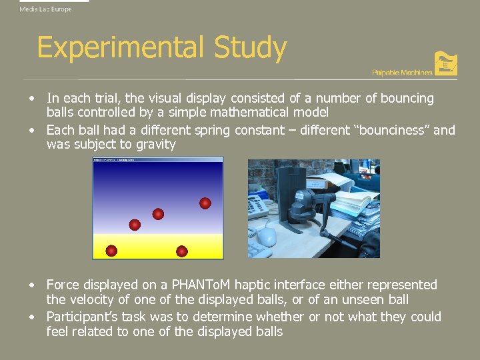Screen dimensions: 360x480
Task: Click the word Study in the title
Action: [x=250, y=49]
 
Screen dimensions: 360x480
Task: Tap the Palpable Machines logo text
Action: [x=401, y=72]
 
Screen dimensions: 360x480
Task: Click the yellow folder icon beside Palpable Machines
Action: [x=445, y=63]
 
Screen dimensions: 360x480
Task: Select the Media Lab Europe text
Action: [x=45, y=9]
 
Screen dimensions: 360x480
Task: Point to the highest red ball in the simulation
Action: [x=205, y=203]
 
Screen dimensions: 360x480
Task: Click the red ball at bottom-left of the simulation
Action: [x=111, y=251]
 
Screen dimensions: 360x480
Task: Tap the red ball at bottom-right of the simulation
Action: [x=181, y=251]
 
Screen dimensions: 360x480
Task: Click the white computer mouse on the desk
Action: [x=267, y=235]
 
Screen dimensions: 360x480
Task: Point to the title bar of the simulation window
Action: [x=157, y=161]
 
